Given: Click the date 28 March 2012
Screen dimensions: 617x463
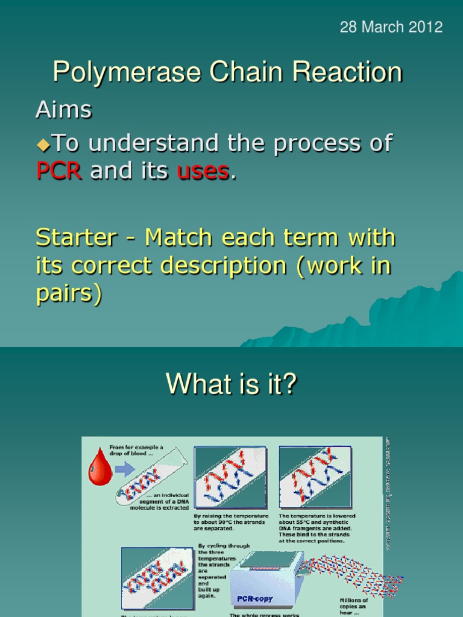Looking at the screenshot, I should click(391, 27).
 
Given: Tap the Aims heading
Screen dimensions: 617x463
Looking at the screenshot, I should click(64, 110).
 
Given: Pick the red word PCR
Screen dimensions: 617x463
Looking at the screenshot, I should click(59, 171).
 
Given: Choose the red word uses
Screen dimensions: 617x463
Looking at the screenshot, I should click(203, 171).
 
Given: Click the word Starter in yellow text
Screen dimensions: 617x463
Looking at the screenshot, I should click(76, 237).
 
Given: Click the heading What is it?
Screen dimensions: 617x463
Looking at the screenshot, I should click(231, 384).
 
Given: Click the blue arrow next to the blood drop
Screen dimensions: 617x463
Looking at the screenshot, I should click(125, 469).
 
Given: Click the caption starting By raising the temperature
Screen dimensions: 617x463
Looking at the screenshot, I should click(231, 522).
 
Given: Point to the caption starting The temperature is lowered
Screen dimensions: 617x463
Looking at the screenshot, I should click(317, 528).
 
